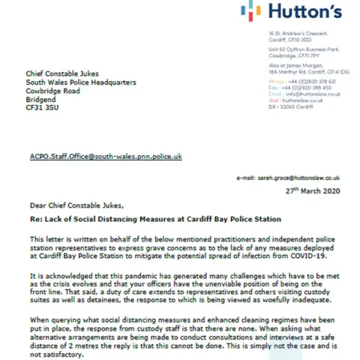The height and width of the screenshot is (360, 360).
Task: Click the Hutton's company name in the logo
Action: click(304, 12)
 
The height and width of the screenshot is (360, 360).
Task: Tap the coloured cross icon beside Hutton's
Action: click(251, 10)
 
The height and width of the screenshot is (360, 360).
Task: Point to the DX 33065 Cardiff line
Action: click(289, 107)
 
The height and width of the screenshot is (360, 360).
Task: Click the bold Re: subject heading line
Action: click(151, 221)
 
